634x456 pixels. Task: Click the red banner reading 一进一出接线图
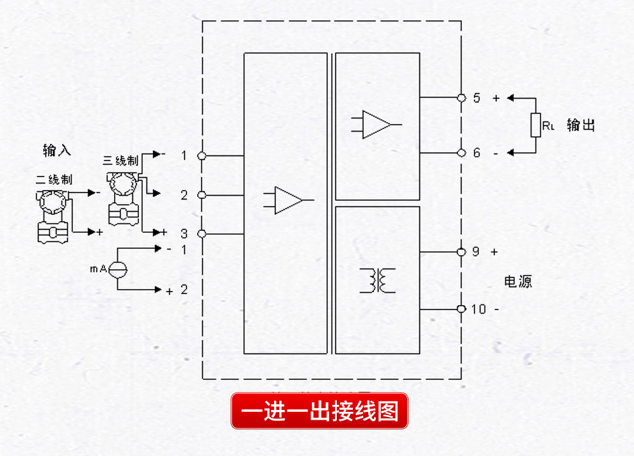[319, 411]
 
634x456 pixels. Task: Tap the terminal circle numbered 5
[461, 98]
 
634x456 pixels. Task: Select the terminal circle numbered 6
[461, 153]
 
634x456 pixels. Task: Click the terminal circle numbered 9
[461, 252]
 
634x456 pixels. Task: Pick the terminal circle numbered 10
[461, 310]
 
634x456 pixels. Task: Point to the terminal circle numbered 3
[202, 234]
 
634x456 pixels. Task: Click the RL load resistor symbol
[535, 125]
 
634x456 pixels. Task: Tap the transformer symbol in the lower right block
[378, 280]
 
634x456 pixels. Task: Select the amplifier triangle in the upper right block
[377, 125]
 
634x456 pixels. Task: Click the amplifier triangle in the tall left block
[289, 200]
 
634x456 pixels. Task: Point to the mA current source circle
[117, 269]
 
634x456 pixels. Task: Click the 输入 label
[57, 151]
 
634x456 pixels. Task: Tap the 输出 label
[581, 125]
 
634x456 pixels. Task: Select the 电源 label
[517, 281]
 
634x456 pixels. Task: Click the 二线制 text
[54, 180]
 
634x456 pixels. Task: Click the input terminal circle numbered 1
[202, 155]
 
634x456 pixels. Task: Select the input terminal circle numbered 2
[202, 195]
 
